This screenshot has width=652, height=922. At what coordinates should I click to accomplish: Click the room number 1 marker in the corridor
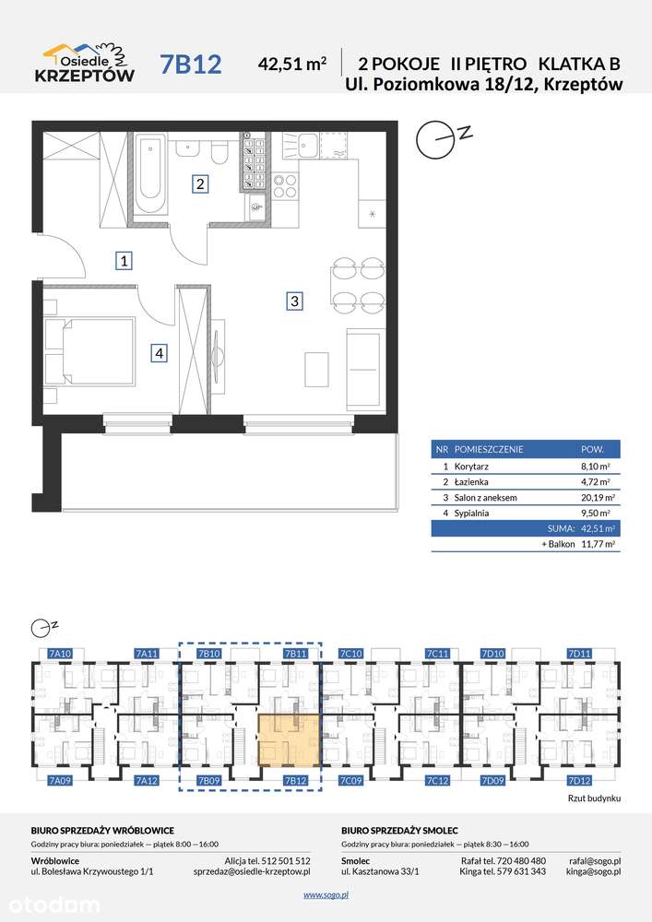click(x=124, y=261)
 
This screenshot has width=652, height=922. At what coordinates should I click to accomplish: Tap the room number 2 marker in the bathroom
click(x=200, y=184)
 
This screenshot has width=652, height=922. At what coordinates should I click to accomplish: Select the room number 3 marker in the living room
click(x=294, y=301)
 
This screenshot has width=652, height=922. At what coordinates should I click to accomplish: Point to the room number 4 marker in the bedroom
click(x=159, y=353)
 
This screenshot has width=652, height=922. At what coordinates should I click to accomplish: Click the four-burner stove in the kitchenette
click(x=285, y=185)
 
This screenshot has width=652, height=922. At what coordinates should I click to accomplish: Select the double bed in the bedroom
click(x=90, y=352)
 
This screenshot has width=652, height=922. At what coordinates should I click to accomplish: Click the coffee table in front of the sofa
click(x=316, y=370)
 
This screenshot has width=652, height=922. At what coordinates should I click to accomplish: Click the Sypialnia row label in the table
click(x=471, y=514)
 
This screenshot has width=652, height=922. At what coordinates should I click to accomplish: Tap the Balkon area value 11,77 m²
click(x=598, y=545)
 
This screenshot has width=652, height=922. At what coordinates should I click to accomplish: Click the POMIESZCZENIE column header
click(x=489, y=449)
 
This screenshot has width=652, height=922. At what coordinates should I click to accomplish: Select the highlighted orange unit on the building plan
click(x=289, y=740)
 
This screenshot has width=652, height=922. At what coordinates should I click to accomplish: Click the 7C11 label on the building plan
click(x=437, y=654)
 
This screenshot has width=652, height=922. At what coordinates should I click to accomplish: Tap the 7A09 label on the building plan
click(x=59, y=781)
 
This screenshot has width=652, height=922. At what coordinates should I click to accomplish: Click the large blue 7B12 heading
click(x=191, y=65)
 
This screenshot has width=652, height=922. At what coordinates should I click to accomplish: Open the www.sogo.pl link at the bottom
click(x=326, y=895)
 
